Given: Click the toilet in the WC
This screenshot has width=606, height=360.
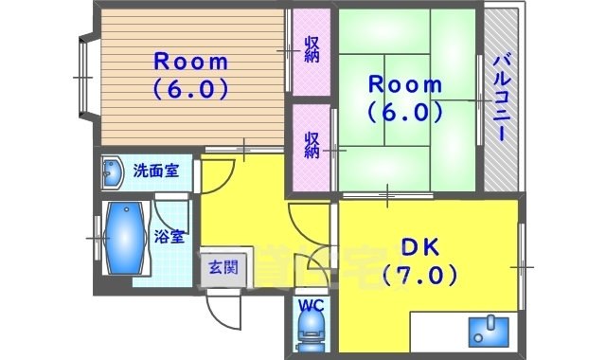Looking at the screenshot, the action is click(x=312, y=332).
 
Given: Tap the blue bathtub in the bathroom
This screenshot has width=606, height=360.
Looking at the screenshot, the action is click(x=126, y=238).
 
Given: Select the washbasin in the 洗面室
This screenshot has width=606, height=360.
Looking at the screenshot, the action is click(x=113, y=172).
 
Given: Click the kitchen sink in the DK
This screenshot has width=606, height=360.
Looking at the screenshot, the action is click(x=488, y=332).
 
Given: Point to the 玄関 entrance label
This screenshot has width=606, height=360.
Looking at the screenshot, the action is click(x=223, y=267).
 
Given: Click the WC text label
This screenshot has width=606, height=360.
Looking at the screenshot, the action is click(x=312, y=306).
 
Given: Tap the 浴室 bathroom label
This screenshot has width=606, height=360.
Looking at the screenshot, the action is click(x=169, y=236).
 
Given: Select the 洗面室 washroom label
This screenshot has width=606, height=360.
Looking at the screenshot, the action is click(x=156, y=171).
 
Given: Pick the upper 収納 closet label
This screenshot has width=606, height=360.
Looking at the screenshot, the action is click(x=312, y=49).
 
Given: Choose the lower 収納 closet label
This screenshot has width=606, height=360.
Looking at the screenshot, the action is click(x=312, y=145).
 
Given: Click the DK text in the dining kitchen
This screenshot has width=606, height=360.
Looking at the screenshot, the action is click(x=419, y=246).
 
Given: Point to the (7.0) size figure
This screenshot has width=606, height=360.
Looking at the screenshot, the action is click(x=419, y=275).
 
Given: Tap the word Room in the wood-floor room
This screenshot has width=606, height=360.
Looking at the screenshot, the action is click(x=191, y=62).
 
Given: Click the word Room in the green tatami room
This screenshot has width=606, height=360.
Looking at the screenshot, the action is click(x=404, y=84).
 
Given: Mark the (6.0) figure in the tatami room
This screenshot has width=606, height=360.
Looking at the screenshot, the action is click(x=404, y=113).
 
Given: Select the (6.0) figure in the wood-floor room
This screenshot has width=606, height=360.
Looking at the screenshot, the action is click(x=191, y=89).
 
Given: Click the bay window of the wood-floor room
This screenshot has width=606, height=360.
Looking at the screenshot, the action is click(x=86, y=78).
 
